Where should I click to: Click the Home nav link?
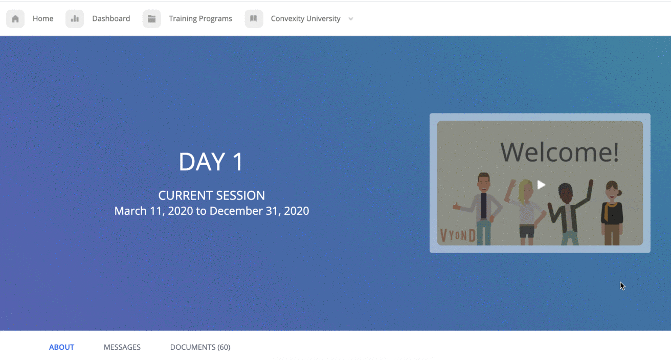point(43,18)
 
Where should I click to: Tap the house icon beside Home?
point(15,19)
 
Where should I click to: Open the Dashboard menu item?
point(111,18)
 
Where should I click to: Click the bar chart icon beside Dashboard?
point(75,19)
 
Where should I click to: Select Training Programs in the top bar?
point(200,18)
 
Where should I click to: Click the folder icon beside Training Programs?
point(152,19)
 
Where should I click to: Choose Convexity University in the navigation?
point(305,18)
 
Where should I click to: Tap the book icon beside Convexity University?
point(254,19)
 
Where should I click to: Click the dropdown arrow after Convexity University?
point(351,19)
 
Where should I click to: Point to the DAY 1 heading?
point(211,162)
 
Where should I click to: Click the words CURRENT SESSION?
point(211,195)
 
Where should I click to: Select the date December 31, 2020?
point(259,211)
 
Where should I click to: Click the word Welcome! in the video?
point(560,152)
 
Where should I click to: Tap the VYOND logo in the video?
point(458,235)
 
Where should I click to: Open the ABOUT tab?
point(61,347)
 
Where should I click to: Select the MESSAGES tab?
point(122,347)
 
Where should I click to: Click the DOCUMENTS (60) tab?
point(200,347)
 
